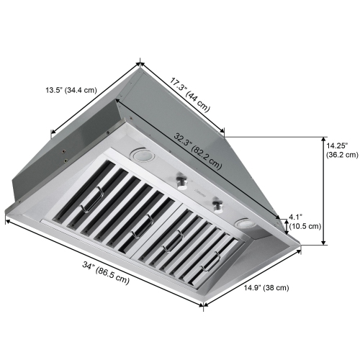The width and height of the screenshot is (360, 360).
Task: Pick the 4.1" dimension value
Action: [296, 216]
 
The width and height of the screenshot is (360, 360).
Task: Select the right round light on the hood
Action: [246, 225]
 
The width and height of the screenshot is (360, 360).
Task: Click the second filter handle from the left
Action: [139, 223]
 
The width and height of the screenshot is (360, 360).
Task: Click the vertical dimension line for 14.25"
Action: [320, 191]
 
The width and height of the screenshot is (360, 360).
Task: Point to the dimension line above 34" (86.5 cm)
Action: [101, 262]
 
